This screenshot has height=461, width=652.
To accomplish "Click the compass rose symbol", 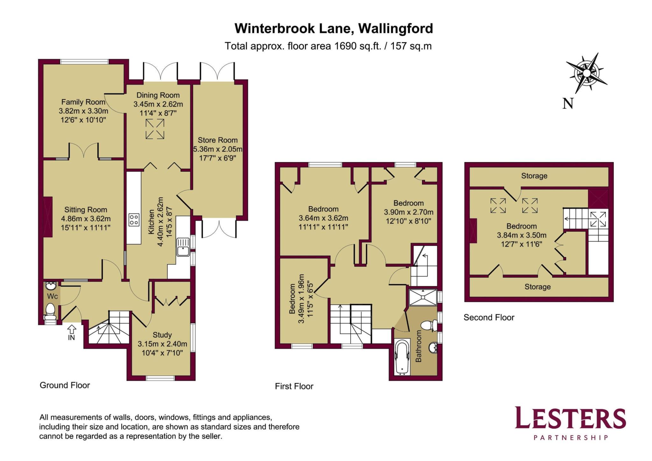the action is (x=586, y=73).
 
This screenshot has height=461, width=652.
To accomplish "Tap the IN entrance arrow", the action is (x=72, y=328).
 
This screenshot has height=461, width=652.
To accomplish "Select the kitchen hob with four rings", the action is (x=134, y=220).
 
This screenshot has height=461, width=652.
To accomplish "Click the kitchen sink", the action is (x=183, y=247).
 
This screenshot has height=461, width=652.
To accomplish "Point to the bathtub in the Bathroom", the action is (x=402, y=357).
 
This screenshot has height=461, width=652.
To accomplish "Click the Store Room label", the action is (x=217, y=140).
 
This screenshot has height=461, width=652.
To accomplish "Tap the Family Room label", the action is (x=83, y=102).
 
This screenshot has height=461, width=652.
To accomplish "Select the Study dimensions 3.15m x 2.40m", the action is (x=162, y=344).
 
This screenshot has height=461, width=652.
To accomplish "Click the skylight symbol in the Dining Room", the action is (x=155, y=129).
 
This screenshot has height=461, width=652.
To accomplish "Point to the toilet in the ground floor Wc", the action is (x=50, y=311).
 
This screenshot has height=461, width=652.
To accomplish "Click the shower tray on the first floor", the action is (x=423, y=297).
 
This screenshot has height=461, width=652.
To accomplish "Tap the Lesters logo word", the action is (x=570, y=418).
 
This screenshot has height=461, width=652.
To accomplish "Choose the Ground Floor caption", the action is (x=65, y=385).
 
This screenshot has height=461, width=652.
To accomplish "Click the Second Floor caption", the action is (x=489, y=317).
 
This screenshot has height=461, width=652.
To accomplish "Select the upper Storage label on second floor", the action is (x=534, y=176).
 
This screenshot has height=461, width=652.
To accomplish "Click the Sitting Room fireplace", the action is (x=48, y=217).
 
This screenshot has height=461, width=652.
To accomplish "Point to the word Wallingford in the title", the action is (x=395, y=28).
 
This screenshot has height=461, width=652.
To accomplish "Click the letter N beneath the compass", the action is (x=568, y=104).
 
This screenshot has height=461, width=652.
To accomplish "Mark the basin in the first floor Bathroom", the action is (x=433, y=348).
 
